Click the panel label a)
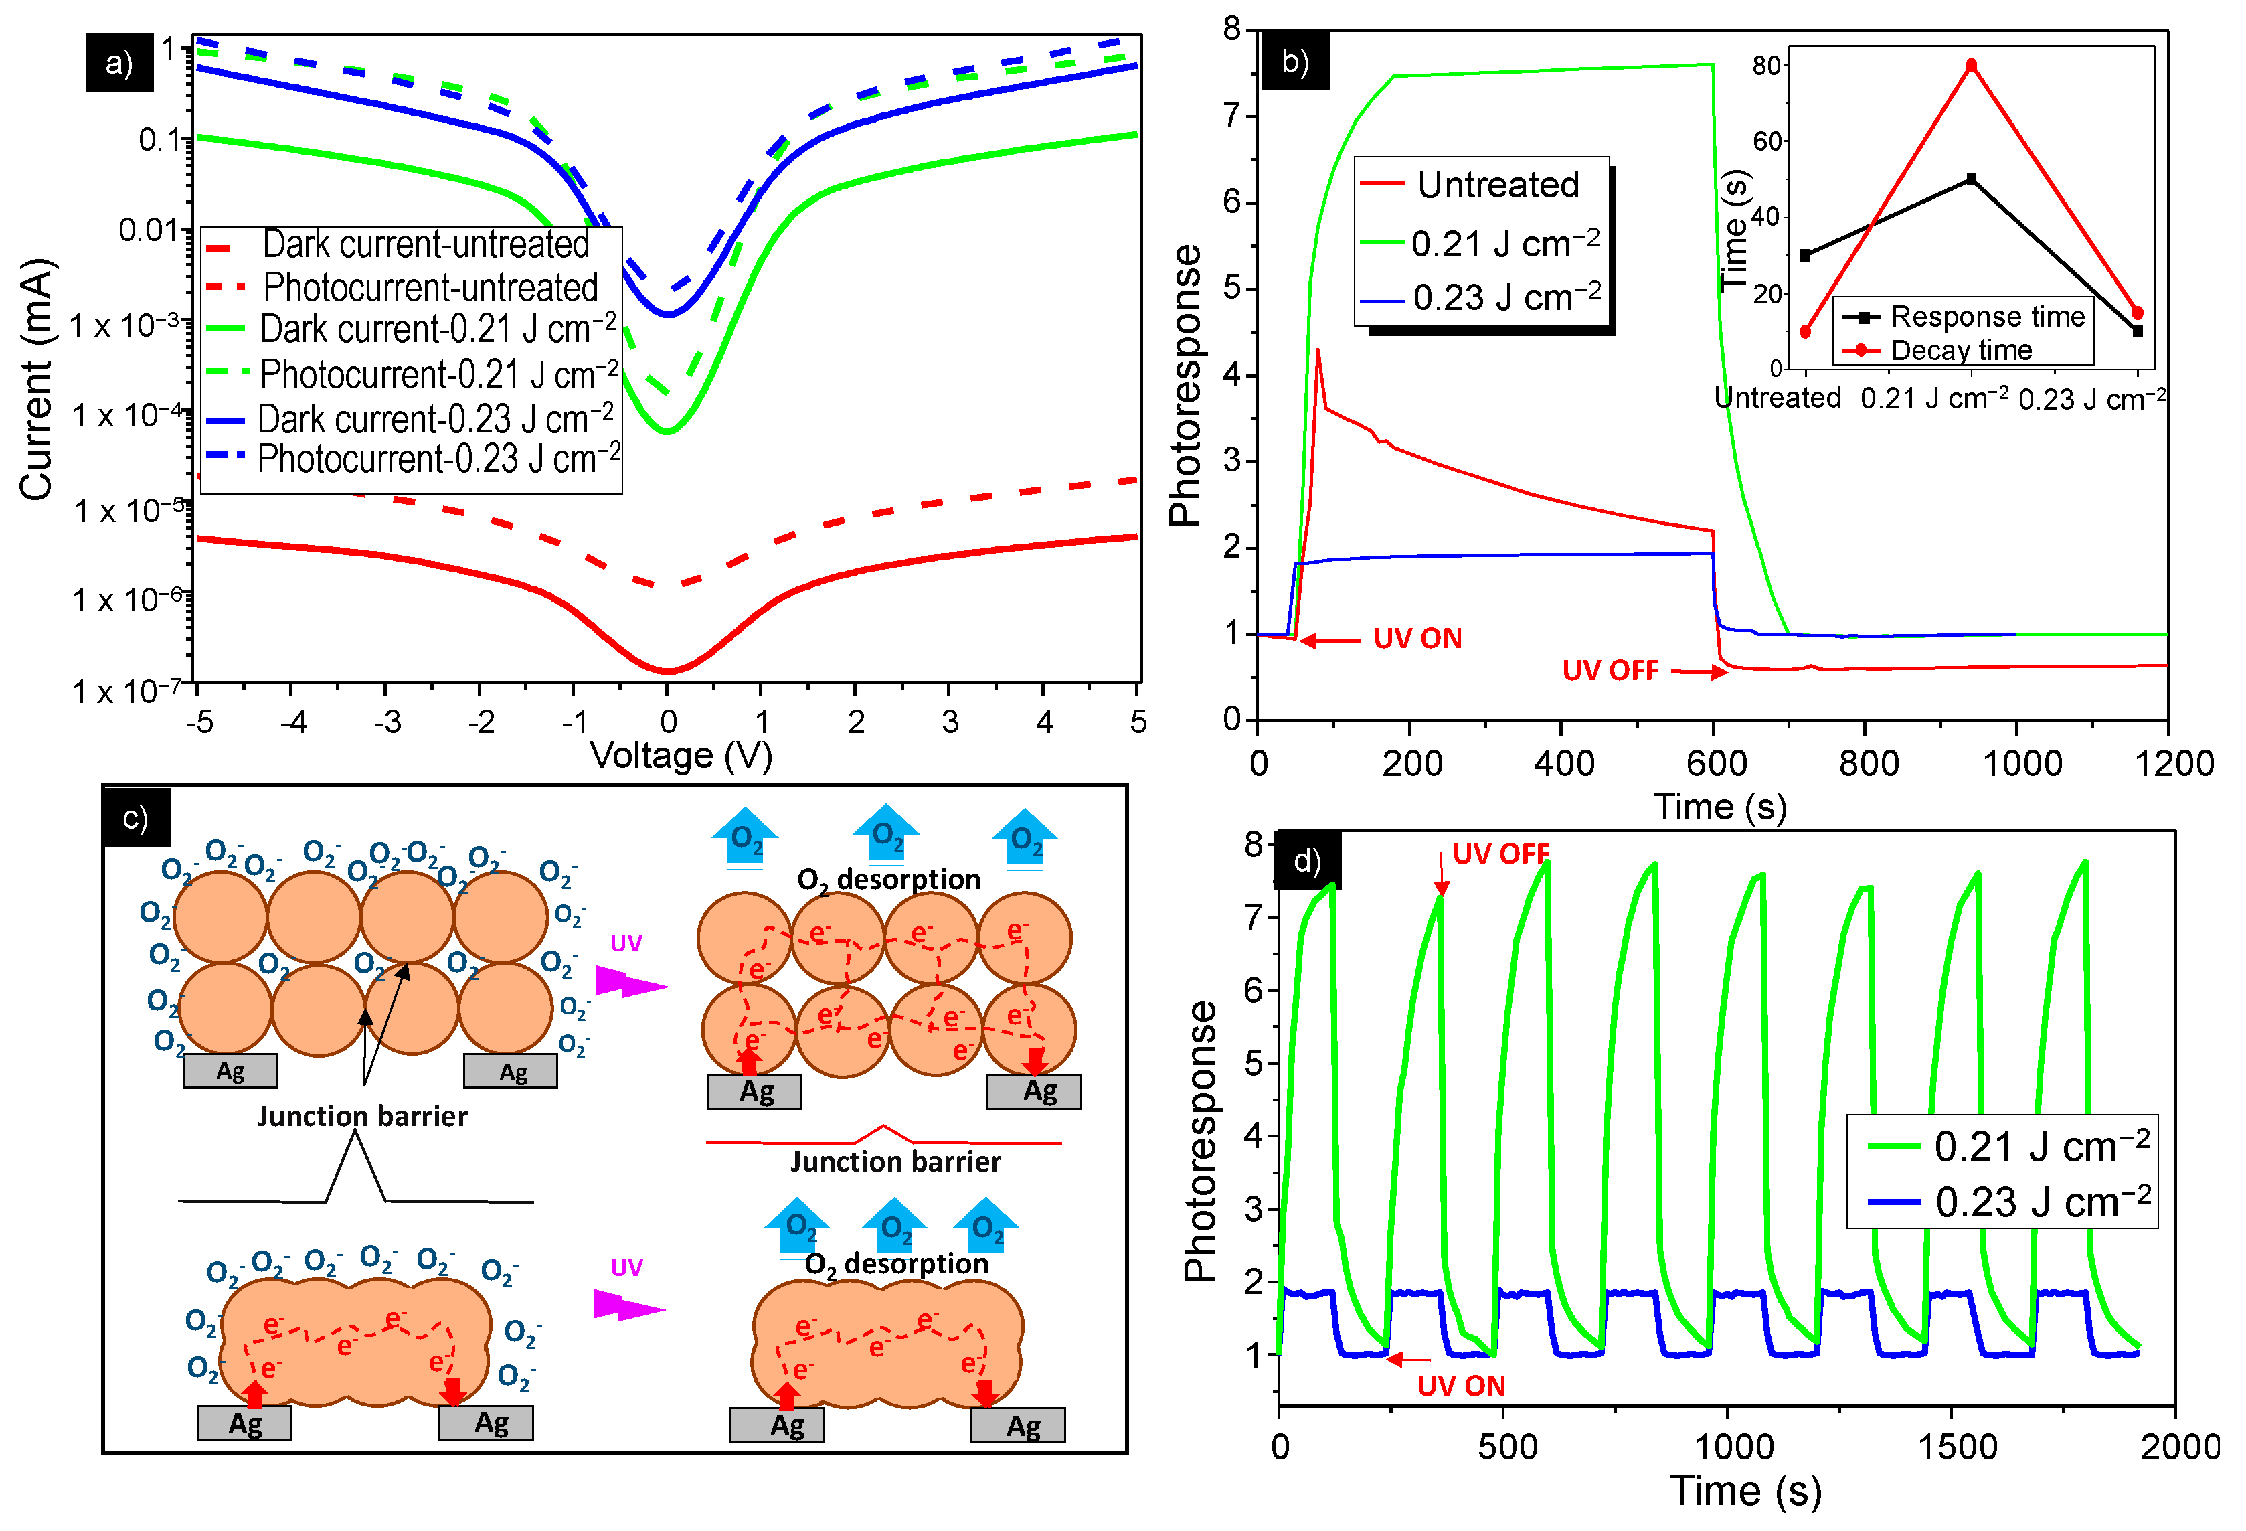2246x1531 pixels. click(119, 63)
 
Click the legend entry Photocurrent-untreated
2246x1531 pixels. click(430, 288)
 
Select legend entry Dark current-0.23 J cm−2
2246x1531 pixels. click(435, 420)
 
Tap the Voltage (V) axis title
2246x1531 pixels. click(681, 756)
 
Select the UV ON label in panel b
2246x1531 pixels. click(1417, 639)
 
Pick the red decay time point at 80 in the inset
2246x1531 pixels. click(1970, 66)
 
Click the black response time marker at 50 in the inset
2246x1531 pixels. click(1970, 180)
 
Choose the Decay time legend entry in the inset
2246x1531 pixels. click(1961, 351)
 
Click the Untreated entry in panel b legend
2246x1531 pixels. click(1497, 185)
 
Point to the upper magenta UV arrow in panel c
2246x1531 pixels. click(631, 984)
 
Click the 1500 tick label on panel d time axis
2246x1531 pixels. click(1959, 1447)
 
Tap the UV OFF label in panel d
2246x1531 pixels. click(1500, 854)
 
